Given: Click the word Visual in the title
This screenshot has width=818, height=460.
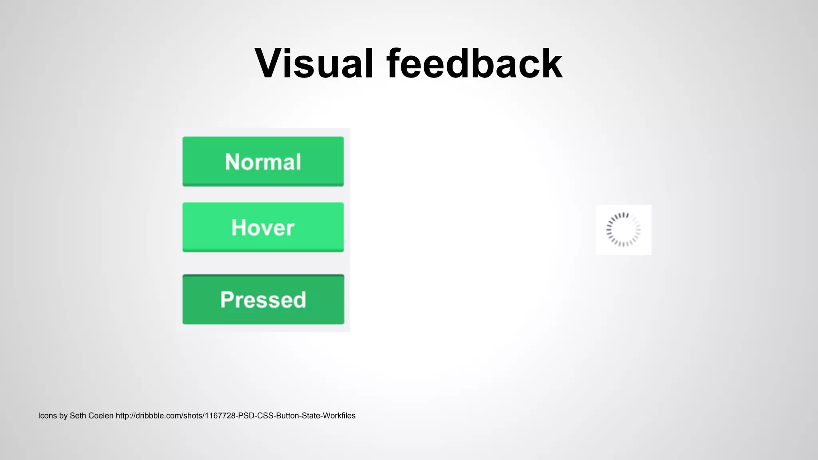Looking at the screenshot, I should click(x=314, y=64).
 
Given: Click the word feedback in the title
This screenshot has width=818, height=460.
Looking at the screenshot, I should click(x=474, y=64).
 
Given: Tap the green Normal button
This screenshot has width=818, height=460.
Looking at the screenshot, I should click(x=263, y=161).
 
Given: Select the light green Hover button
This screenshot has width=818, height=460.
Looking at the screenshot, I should click(x=263, y=227).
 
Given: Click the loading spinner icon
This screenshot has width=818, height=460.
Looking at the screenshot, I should click(x=623, y=230).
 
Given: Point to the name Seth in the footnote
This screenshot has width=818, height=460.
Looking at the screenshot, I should click(x=77, y=416).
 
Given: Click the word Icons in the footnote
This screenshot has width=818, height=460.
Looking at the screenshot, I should click(x=47, y=416).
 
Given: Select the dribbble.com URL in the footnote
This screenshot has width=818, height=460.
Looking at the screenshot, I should click(x=235, y=416).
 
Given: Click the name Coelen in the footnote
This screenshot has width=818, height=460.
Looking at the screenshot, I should click(x=100, y=416).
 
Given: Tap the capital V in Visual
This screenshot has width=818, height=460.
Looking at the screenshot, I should click(x=271, y=64).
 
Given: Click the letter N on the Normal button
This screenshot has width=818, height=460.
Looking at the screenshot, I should click(x=233, y=162).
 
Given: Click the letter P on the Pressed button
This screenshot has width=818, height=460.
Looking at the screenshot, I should click(x=227, y=299).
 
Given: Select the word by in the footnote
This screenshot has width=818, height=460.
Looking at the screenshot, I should click(x=64, y=416).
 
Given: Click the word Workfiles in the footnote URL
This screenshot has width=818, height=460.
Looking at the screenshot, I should click(x=339, y=416).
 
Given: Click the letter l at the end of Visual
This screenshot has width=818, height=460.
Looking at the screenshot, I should click(x=369, y=64).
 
